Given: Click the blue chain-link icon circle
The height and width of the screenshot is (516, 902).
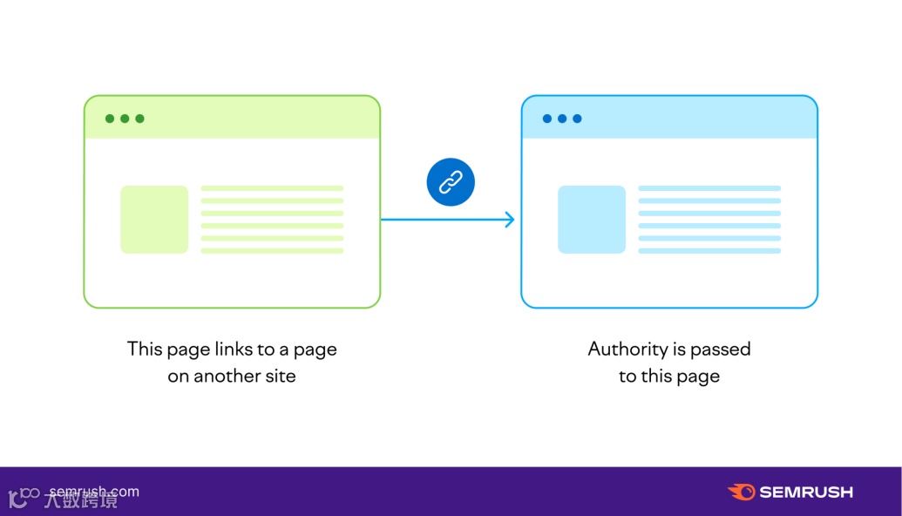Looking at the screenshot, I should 451,182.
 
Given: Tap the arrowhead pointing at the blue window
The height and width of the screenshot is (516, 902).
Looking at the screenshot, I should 510,220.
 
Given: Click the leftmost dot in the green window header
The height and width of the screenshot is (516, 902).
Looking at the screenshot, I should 110,119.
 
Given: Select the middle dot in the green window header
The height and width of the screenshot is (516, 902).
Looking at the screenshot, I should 125,119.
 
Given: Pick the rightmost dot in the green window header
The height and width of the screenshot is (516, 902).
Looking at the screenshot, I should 139,119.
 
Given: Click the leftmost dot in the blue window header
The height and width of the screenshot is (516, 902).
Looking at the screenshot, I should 547,119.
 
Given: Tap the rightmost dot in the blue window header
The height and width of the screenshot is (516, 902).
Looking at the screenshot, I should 577,119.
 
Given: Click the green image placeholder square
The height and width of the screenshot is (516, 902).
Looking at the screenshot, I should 154,220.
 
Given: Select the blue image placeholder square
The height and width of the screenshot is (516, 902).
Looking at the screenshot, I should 592,220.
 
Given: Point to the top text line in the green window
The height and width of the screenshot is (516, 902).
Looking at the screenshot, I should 272,188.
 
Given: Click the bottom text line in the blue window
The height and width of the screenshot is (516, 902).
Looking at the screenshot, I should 709,251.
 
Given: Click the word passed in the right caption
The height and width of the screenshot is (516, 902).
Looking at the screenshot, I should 722,350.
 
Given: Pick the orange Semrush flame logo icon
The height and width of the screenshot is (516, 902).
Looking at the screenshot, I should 741,492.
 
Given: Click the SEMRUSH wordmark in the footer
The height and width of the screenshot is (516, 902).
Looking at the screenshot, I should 806,492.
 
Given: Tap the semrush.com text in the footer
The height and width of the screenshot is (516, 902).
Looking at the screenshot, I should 94,492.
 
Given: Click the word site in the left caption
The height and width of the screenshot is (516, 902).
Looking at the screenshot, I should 281,377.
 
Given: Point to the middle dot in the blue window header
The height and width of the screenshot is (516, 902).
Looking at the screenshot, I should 562,119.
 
